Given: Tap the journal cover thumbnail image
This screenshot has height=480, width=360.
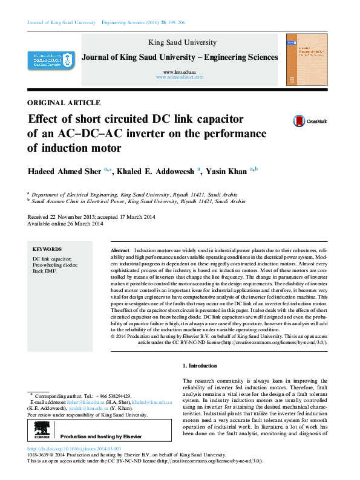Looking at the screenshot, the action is pyautogui.click(x=307, y=59).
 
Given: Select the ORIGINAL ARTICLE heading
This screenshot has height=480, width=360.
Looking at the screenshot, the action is pyautogui.click(x=64, y=102).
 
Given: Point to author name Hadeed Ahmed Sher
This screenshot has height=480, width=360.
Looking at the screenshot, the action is pyautogui.click(x=65, y=171).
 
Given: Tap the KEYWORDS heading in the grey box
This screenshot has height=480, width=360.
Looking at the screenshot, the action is pyautogui.click(x=47, y=248).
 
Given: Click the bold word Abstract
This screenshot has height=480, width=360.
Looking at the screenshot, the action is pyautogui.click(x=120, y=250).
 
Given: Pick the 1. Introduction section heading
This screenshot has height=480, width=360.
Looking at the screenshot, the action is pyautogui.click(x=200, y=366).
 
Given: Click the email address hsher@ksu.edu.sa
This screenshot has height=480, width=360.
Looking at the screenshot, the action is pyautogui.click(x=84, y=401).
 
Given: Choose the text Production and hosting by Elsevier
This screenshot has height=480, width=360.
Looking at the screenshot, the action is pyautogui.click(x=101, y=436).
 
